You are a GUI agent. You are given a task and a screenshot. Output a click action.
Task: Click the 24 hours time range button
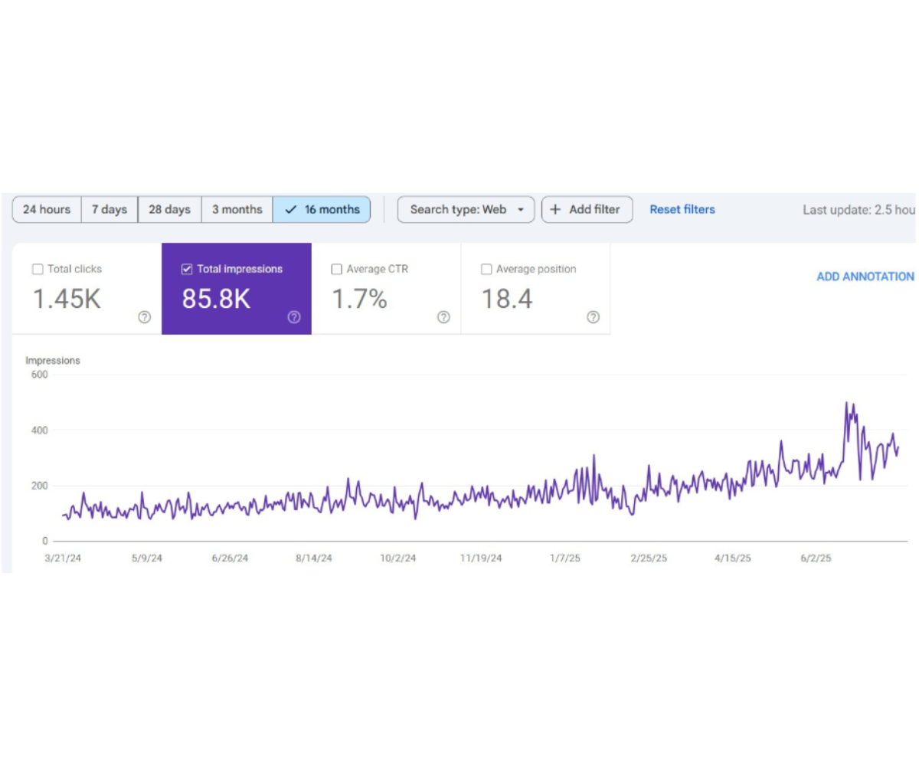pos(47,210)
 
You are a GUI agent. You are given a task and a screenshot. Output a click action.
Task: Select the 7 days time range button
pos(110,210)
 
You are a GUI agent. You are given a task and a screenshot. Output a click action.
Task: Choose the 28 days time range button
pos(169,210)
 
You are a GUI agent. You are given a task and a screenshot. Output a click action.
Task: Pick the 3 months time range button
pos(237,210)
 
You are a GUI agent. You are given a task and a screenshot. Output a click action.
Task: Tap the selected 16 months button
pos(322,210)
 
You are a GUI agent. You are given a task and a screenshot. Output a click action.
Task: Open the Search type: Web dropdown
pos(466,210)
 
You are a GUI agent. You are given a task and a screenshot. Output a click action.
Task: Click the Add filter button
pos(587,210)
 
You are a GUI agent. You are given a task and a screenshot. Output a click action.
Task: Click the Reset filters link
pos(682,210)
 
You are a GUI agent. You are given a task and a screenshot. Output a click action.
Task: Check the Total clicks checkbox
pos(38,269)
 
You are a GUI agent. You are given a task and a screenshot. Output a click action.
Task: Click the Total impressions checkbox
pos(187,269)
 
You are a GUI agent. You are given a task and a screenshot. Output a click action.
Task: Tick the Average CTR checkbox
pos(336,269)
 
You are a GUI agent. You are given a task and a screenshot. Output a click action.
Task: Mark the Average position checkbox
pos(486,269)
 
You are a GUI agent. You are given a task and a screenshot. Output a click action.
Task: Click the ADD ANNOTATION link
pos(865,277)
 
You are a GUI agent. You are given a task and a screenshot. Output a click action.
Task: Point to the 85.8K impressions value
pos(216,299)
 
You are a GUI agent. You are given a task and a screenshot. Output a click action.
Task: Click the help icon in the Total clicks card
pos(145,317)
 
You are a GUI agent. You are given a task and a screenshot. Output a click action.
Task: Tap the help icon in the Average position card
pos(593,317)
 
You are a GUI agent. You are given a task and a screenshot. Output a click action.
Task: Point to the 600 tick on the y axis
pos(40,375)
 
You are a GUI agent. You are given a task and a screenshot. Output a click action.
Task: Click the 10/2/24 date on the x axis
pos(398,558)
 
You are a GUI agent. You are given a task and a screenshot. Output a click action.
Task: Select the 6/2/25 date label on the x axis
pos(816,558)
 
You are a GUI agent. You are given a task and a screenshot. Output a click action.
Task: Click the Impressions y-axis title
pos(53,361)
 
